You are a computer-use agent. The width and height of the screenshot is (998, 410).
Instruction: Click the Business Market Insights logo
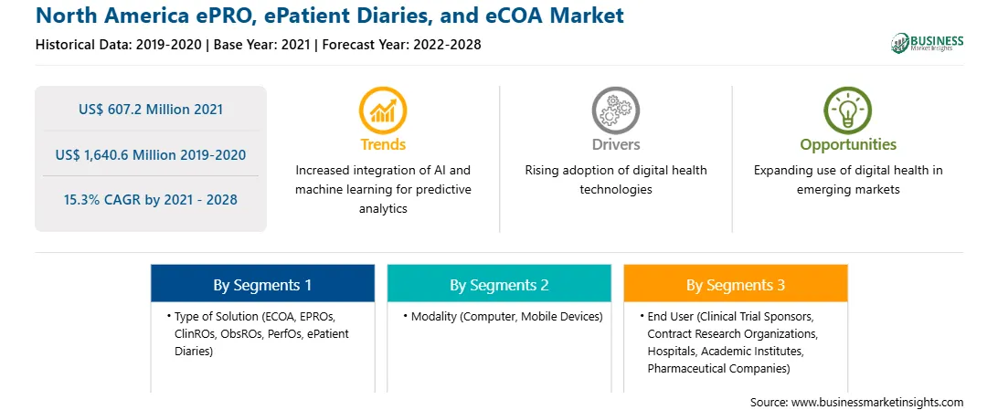click(x=927, y=43)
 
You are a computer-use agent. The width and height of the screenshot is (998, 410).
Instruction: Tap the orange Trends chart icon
click(x=383, y=110)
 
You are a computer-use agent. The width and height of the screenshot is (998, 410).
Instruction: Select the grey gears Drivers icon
click(x=615, y=110)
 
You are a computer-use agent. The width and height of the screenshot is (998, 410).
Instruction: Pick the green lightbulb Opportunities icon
click(x=848, y=110)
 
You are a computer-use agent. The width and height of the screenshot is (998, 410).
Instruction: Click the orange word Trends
click(x=383, y=144)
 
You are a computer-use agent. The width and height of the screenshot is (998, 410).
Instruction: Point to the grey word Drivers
click(x=615, y=144)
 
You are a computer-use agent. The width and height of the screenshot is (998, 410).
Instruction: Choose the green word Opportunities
click(x=848, y=145)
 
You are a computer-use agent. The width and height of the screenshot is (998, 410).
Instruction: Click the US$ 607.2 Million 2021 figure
click(x=151, y=110)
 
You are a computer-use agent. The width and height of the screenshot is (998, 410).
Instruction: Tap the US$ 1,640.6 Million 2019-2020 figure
click(x=151, y=154)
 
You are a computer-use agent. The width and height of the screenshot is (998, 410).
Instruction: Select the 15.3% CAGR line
click(x=151, y=200)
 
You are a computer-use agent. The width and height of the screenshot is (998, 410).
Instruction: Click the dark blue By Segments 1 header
click(x=262, y=286)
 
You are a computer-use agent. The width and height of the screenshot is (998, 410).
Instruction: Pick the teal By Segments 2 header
click(x=499, y=286)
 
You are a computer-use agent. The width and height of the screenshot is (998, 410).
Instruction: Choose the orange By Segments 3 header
click(x=736, y=286)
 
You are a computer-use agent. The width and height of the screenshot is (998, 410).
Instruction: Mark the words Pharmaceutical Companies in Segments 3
click(x=718, y=368)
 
